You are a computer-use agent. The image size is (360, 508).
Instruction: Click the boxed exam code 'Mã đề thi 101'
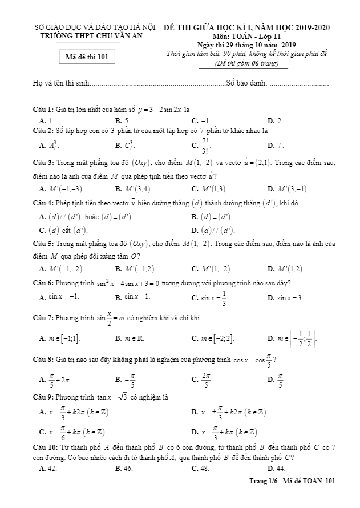coord(87,57)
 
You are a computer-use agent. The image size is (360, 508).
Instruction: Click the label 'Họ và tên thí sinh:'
coord(62,84)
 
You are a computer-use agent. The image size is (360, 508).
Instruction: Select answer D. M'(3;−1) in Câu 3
coord(290,188)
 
